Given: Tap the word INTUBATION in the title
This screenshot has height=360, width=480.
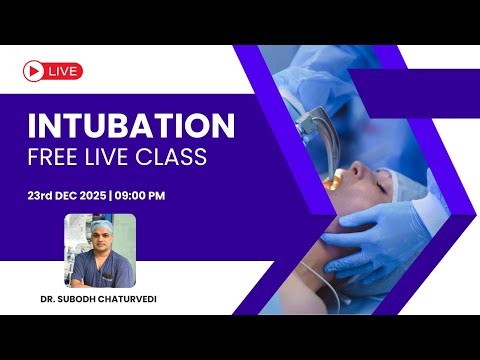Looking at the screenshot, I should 131,127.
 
